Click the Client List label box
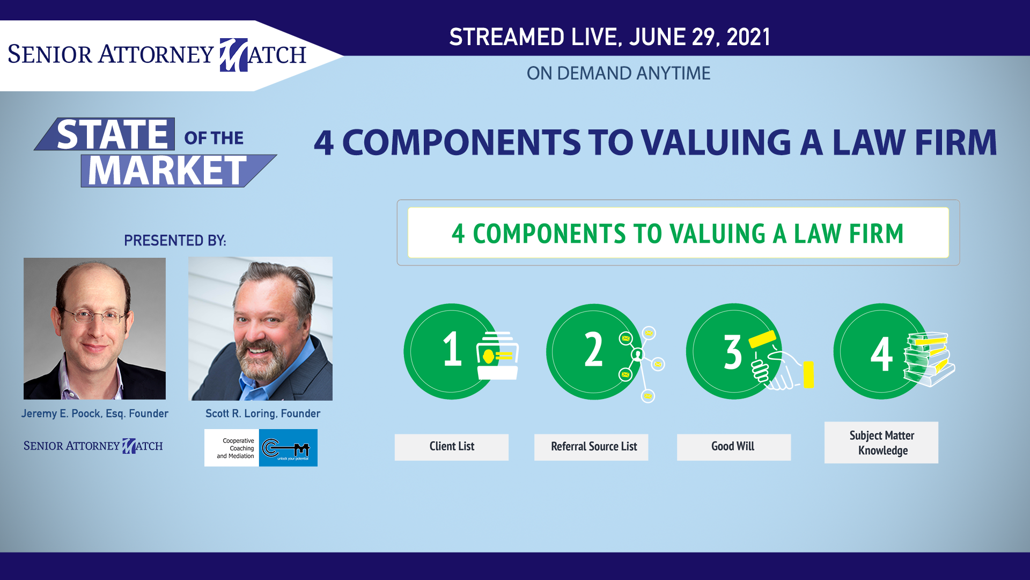coord(452,447)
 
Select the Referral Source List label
coord(591,447)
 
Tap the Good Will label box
coord(734,447)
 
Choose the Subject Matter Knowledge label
coord(881,443)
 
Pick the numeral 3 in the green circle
coord(733,352)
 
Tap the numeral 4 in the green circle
coord(881,354)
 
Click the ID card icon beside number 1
coord(497,356)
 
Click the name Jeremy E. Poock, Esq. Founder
coord(95,414)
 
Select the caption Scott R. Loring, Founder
coord(263,414)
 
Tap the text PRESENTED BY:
coord(175,241)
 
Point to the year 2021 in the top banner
coord(748,37)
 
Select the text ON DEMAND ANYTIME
coord(619,73)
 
